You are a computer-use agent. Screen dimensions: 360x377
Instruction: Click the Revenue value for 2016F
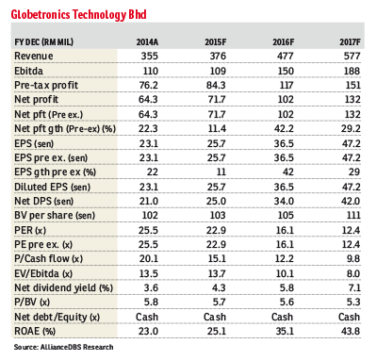287,58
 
